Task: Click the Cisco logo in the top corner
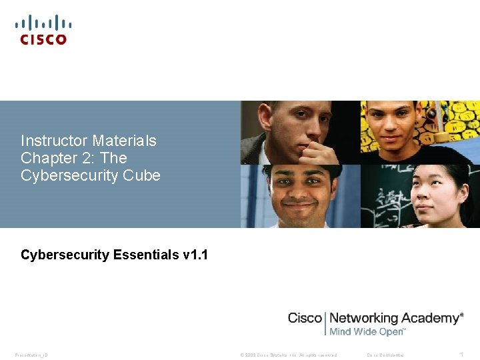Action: click(43, 31)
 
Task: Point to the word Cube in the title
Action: click(142, 175)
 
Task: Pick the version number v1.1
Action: click(195, 255)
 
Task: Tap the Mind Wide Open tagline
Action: click(367, 331)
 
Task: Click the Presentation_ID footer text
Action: click(31, 355)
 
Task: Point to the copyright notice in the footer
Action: click(288, 355)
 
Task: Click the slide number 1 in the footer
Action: click(462, 355)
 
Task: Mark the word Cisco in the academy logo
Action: click(305, 318)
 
